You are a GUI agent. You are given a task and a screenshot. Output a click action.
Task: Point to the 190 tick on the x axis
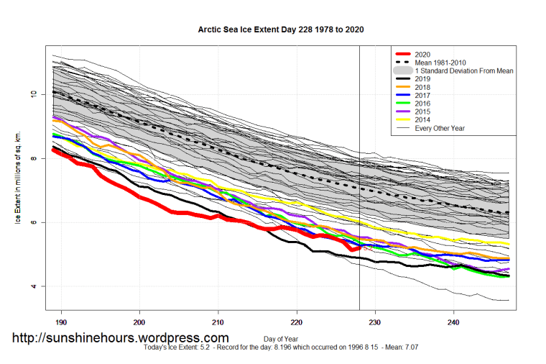(61, 322)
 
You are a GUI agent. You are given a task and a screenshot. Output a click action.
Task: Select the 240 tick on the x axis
(453, 322)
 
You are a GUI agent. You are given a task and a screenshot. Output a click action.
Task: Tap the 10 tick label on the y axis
(32, 94)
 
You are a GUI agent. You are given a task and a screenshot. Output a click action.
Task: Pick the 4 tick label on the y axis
(32, 286)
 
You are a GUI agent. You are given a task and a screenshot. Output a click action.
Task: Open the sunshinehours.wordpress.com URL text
(121, 337)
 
